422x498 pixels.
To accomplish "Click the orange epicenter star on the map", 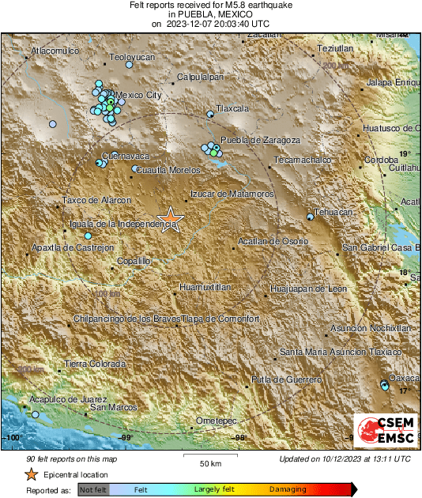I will click(171, 219).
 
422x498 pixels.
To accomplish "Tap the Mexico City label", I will click(138, 96).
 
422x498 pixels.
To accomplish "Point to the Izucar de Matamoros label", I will click(232, 194).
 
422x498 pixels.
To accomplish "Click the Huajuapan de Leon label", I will click(308, 289).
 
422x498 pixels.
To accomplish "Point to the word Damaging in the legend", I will click(288, 490).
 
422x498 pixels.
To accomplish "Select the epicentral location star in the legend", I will click(31, 474).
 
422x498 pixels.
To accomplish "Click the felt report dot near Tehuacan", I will click(310, 216).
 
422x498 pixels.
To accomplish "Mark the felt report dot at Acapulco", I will click(35, 413).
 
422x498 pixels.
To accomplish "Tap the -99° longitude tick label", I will click(126, 437).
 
